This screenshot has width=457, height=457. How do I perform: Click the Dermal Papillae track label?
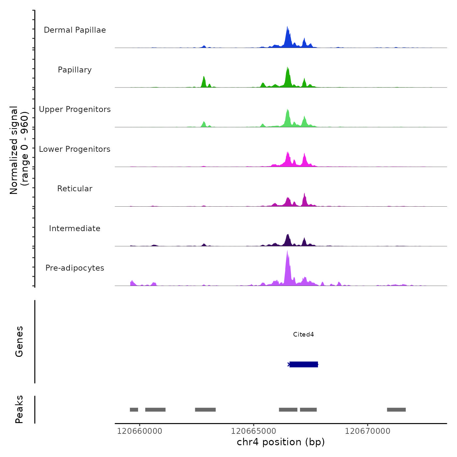pyautogui.click(x=75, y=30)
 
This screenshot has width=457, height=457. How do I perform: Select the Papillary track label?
pyautogui.click(x=75, y=70)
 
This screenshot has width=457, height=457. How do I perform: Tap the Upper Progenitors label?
pyautogui.click(x=75, y=109)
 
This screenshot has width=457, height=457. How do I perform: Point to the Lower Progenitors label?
pyautogui.click(x=75, y=149)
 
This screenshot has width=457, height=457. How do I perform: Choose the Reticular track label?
pyautogui.click(x=75, y=189)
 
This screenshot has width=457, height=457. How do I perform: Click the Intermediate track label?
pyautogui.click(x=75, y=228)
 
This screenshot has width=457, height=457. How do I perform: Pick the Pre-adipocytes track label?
pyautogui.click(x=75, y=268)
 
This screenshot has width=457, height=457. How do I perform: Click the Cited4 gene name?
pyautogui.click(x=303, y=334)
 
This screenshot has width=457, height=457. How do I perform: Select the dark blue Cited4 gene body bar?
pyautogui.click(x=304, y=364)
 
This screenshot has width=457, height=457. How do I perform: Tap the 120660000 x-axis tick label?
pyautogui.click(x=139, y=431)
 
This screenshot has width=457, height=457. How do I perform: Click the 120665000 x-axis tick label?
pyautogui.click(x=254, y=431)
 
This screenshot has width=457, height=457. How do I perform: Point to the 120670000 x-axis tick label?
pyautogui.click(x=368, y=431)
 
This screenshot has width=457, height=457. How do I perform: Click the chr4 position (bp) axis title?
pyautogui.click(x=281, y=442)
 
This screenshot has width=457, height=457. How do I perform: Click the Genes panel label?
pyautogui.click(x=19, y=341)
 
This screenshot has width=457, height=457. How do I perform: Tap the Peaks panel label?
pyautogui.click(x=19, y=409)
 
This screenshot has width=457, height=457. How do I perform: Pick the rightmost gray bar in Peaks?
pyautogui.click(x=396, y=410)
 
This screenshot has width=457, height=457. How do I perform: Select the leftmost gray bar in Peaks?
pyautogui.click(x=134, y=410)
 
